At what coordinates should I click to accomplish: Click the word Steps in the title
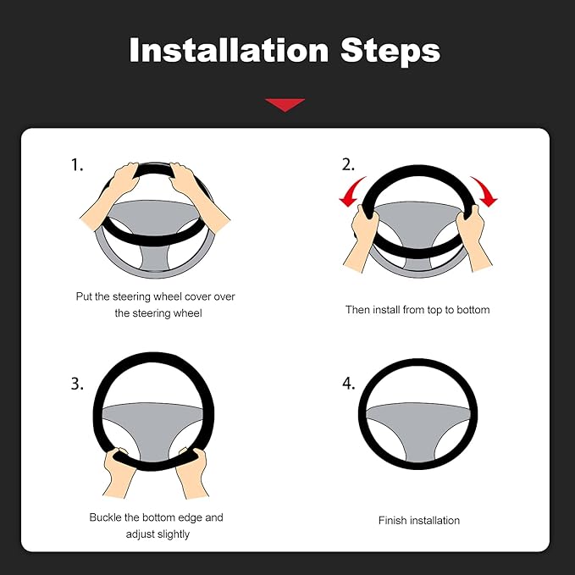[x=390, y=51]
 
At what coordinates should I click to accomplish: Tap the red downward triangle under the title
[x=285, y=104]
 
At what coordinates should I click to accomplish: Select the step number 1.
[x=77, y=165]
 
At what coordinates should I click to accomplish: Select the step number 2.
[x=348, y=164]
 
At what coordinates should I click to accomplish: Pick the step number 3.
[x=77, y=384]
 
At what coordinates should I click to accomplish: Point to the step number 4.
[x=348, y=384]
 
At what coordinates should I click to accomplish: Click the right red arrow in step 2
[x=485, y=191]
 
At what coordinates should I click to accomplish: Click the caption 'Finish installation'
[x=418, y=520]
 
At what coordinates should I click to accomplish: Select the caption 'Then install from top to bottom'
[x=417, y=310]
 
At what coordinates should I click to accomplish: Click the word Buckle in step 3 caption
[x=107, y=517]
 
